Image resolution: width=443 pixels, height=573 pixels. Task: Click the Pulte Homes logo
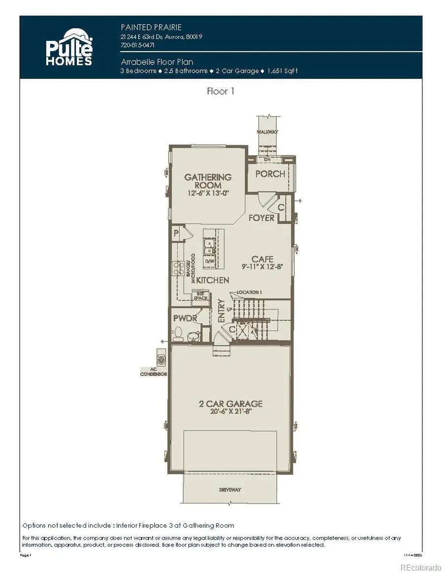(x=69, y=47)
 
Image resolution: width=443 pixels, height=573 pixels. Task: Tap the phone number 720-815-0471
(x=137, y=44)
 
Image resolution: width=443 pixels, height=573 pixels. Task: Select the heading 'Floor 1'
(x=221, y=91)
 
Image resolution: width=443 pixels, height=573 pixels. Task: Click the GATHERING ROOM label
(x=207, y=181)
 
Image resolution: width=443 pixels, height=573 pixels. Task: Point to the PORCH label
(x=270, y=174)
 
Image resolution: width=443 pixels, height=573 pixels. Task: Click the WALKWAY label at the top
(x=267, y=132)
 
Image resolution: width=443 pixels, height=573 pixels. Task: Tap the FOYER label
(x=261, y=218)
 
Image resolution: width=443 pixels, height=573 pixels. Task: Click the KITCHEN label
(x=213, y=280)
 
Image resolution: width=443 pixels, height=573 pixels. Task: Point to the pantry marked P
(x=175, y=234)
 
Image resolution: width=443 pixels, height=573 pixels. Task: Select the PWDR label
(x=185, y=318)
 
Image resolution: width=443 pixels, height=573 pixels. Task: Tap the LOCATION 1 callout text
(x=249, y=292)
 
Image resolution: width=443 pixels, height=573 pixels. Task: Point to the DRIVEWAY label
(x=230, y=490)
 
